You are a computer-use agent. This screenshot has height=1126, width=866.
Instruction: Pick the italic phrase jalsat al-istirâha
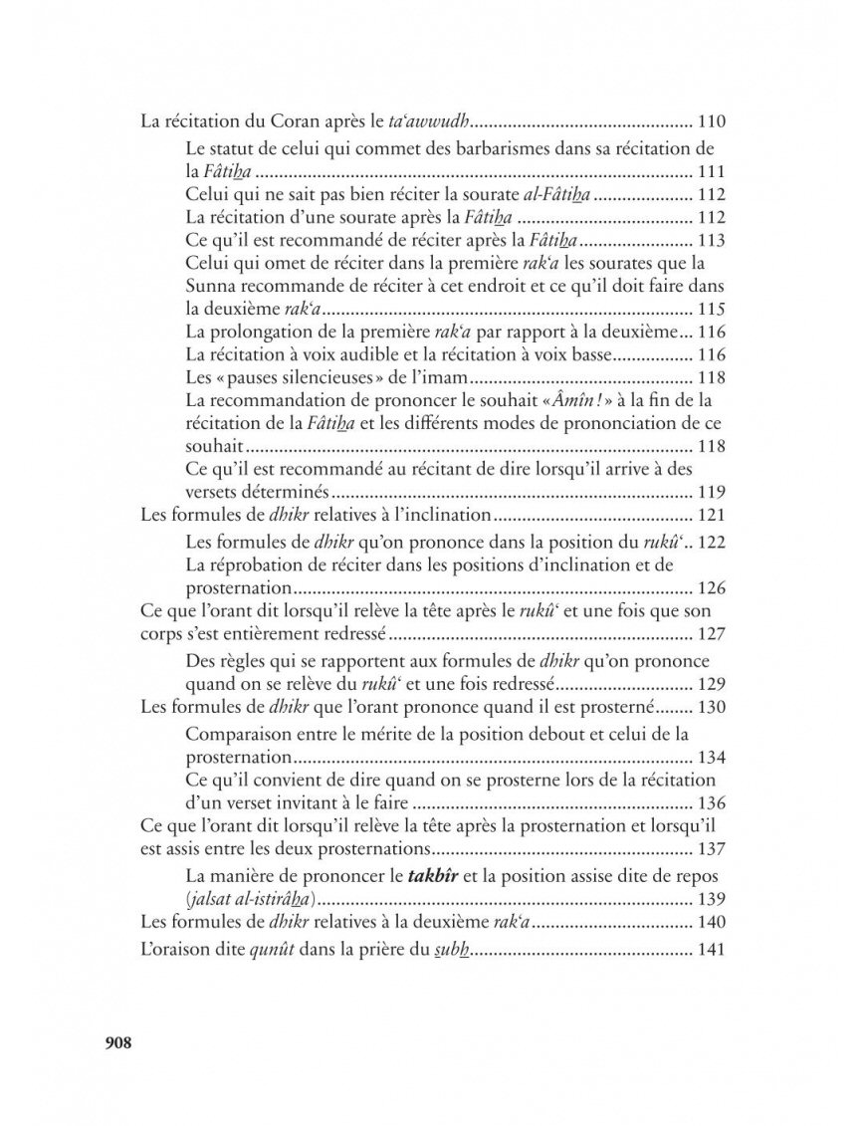click(x=250, y=899)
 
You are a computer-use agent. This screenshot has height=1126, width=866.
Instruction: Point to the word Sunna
click(x=209, y=287)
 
